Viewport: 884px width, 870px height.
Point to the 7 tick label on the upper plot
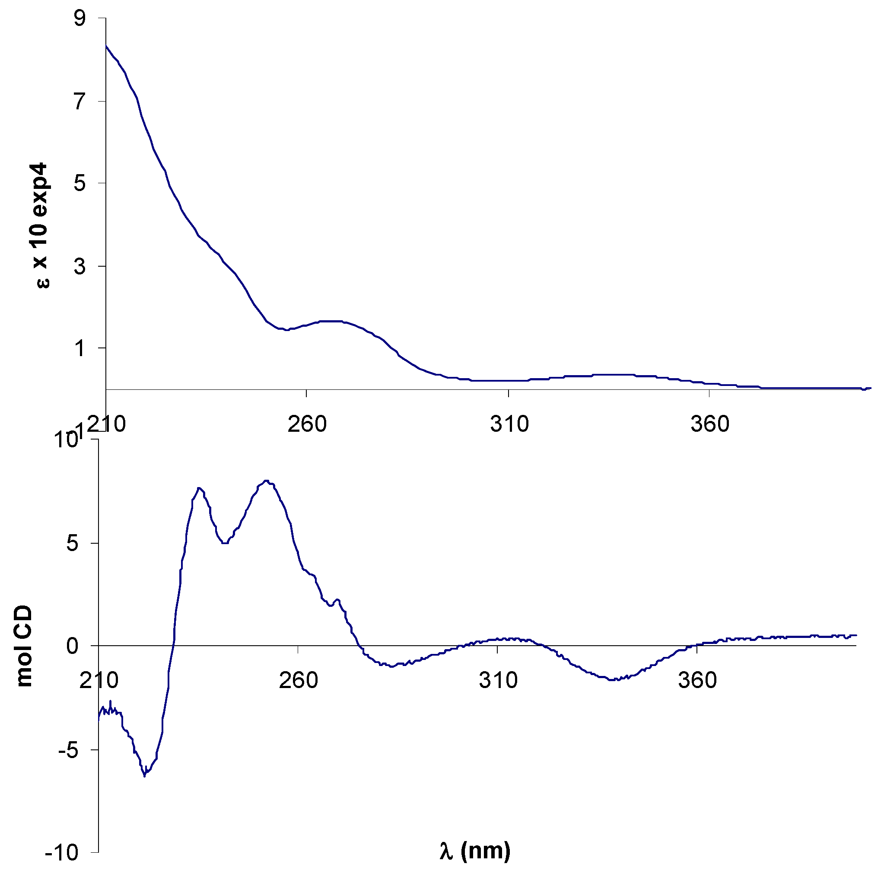pyautogui.click(x=80, y=102)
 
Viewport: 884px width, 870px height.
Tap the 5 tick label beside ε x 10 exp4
pyautogui.click(x=80, y=183)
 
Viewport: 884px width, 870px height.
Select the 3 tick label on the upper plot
pyautogui.click(x=80, y=266)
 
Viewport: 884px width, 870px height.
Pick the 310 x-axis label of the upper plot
pyautogui.click(x=509, y=424)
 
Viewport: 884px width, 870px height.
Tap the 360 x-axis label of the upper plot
pyautogui.click(x=709, y=424)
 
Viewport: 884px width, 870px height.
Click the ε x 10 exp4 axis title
pyautogui.click(x=41, y=225)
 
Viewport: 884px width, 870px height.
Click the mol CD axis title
pyautogui.click(x=24, y=646)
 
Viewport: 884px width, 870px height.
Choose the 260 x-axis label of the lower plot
pyautogui.click(x=298, y=680)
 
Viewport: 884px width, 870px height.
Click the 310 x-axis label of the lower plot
pyautogui.click(x=498, y=680)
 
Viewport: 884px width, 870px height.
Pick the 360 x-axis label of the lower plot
pyautogui.click(x=697, y=680)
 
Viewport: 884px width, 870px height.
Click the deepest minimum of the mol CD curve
pyautogui.click(x=144, y=775)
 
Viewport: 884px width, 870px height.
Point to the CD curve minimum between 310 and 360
pyautogui.click(x=614, y=679)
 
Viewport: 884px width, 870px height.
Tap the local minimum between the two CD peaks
pyautogui.click(x=224, y=543)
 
